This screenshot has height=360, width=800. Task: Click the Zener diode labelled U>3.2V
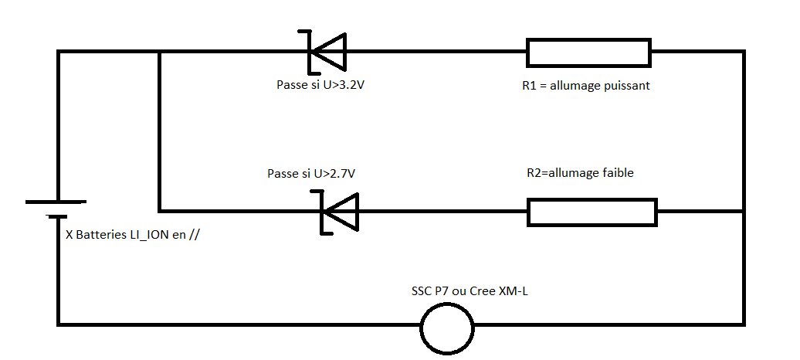327,52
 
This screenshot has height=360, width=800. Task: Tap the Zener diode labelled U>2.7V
341,211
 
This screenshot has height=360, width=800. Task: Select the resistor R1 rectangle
589,53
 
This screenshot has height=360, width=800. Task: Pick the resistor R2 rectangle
592,212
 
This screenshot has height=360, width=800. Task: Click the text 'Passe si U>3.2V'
320,85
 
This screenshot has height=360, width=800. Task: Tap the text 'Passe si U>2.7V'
310,174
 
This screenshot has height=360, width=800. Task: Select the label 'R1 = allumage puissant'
586,86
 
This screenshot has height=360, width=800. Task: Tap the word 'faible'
617,173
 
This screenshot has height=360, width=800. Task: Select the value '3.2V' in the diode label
351,85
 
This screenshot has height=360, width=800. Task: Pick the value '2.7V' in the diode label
341,174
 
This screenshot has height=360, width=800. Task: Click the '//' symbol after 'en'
194,235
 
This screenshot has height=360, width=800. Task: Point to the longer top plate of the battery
56,202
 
